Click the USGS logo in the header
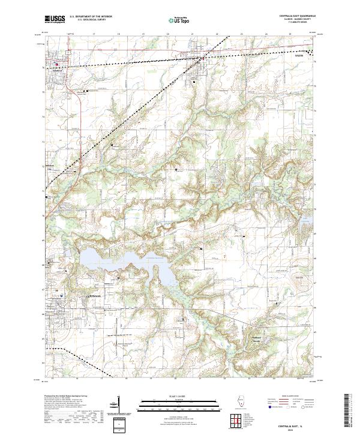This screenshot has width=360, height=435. (55, 19)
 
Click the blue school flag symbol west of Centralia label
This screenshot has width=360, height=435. (62, 293)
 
